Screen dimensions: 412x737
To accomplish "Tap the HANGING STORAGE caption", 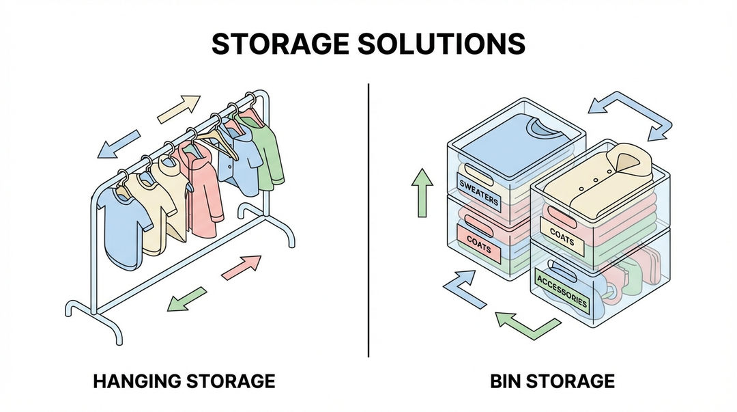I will pos(184,381).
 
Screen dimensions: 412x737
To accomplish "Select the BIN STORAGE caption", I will pos(553,381).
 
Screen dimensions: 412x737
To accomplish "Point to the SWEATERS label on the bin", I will pos(478,193).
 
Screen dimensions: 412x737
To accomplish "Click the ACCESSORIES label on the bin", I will pos(562,290).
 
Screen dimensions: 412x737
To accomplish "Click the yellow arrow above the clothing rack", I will pos(179,109).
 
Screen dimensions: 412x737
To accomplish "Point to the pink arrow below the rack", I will pos(242,266).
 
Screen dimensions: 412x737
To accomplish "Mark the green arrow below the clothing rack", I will pos(188,298).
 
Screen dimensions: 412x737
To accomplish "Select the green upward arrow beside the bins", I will pos(422,193).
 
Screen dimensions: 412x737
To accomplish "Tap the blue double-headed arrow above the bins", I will pos(630,117).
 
